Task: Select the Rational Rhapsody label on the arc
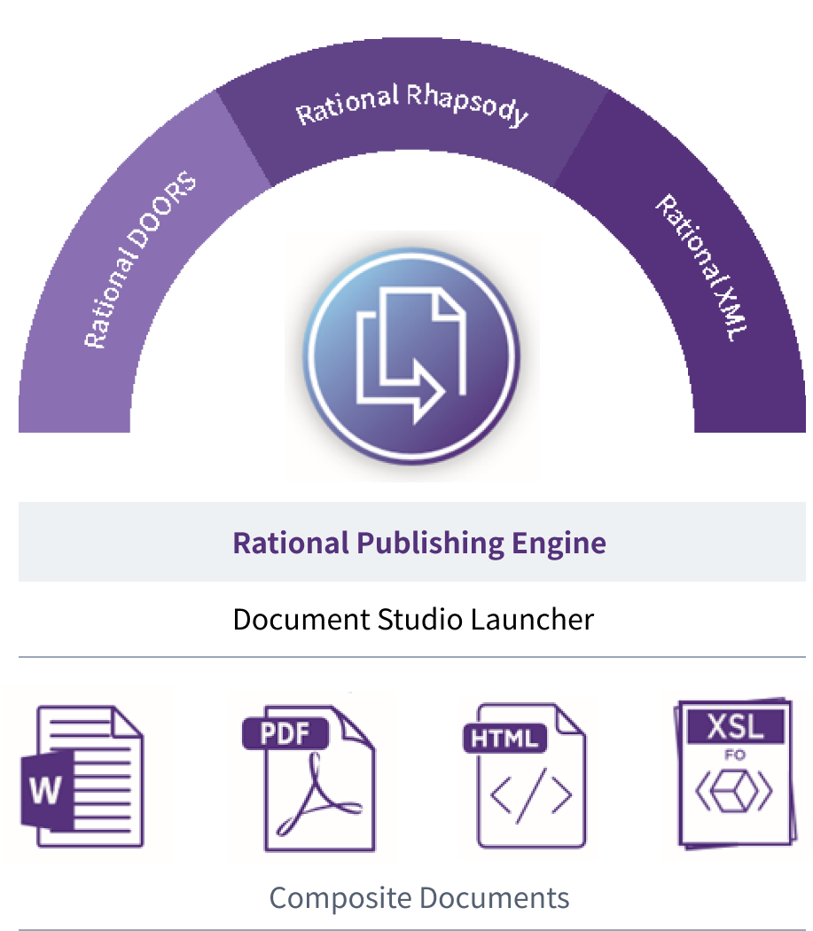tap(412, 106)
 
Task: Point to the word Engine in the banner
tap(560, 542)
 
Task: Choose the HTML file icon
tap(528, 778)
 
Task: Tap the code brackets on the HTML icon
tap(531, 797)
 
